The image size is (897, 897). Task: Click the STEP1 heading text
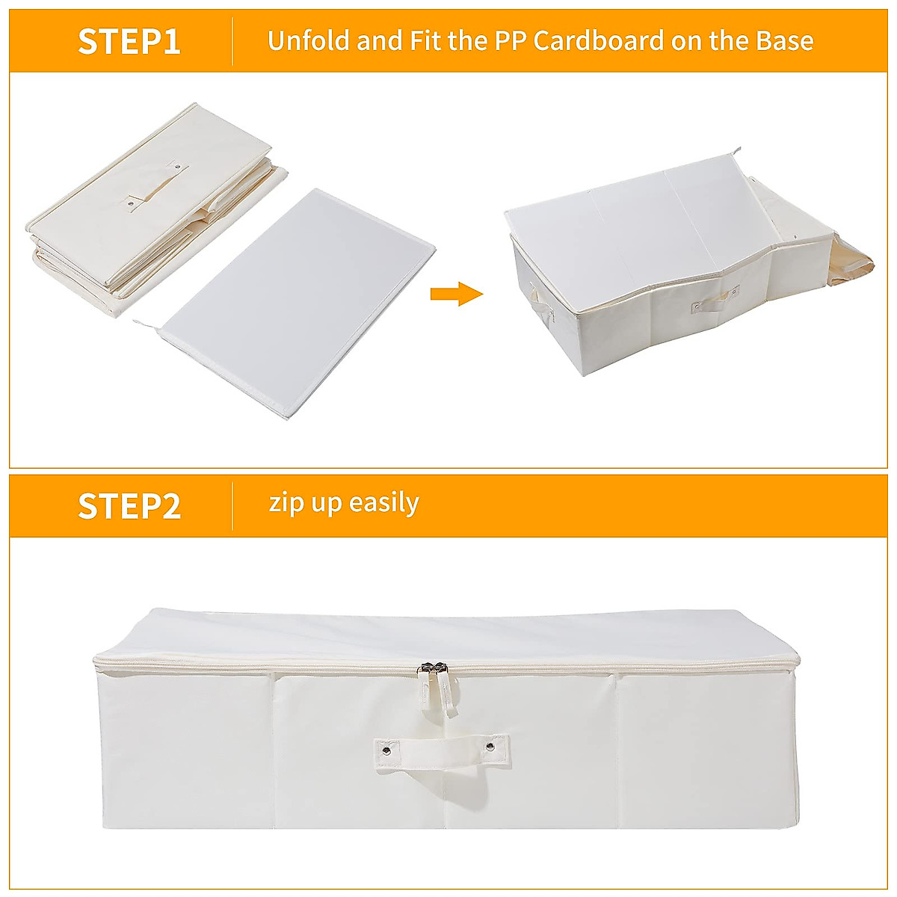[129, 41]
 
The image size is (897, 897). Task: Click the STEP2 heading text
[129, 506]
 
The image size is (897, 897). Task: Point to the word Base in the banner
[784, 40]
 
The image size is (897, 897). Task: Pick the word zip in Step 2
[286, 504]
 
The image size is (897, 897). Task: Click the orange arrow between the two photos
[456, 294]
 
